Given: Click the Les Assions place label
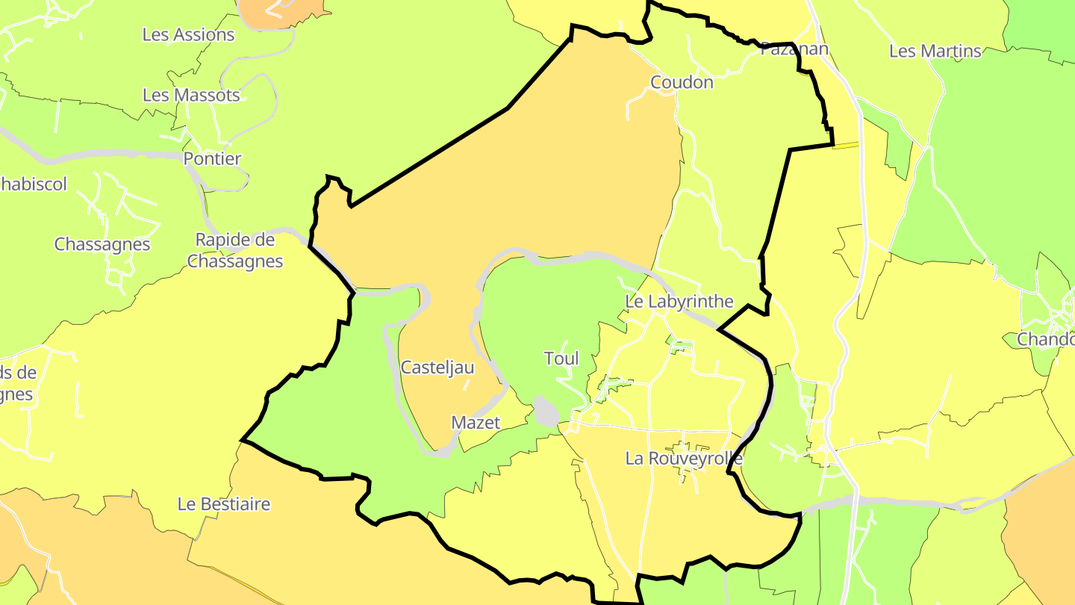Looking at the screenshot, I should [x=188, y=35].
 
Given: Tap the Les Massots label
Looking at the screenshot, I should [x=191, y=96].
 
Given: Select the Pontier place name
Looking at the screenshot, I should [x=213, y=159].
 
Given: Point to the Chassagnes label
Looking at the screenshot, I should [x=102, y=244].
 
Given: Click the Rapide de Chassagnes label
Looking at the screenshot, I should [x=235, y=251].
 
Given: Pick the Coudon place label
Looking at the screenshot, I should [x=682, y=83].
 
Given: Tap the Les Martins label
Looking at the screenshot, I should [x=935, y=52].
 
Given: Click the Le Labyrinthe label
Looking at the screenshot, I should [x=679, y=302].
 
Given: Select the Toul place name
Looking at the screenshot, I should [x=561, y=359].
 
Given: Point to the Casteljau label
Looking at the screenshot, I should [x=437, y=367].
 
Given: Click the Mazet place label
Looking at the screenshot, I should [x=476, y=423].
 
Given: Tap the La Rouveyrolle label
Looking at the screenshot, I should [x=684, y=459].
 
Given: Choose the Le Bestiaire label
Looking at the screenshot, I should [x=224, y=504].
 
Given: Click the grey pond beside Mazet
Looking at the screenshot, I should [x=546, y=412].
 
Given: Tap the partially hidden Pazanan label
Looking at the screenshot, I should [x=794, y=50].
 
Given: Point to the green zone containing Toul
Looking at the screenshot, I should [x=537, y=314].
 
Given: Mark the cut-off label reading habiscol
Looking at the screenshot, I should [x=34, y=184].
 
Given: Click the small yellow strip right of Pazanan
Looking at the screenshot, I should [x=845, y=146].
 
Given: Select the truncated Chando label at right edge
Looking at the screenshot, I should [x=1045, y=339].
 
